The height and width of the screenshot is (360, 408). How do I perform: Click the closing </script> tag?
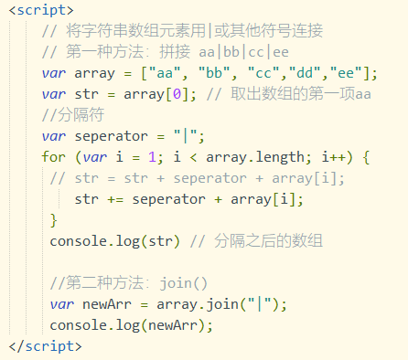click(45, 346)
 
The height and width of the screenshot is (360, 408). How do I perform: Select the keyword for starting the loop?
click(54, 156)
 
